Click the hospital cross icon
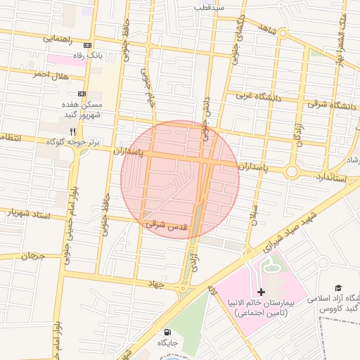point(262,291)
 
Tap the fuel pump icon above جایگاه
point(167,332)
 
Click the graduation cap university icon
point(338,288)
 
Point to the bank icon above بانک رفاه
point(86,45)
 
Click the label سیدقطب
point(210,8)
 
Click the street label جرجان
point(32,256)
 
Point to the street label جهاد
point(156,283)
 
